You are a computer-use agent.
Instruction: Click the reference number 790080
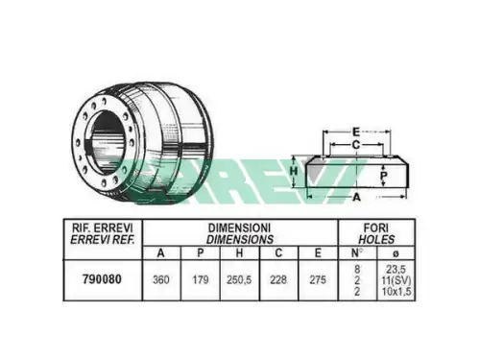coord(102,279)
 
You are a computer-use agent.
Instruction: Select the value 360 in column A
coord(161,280)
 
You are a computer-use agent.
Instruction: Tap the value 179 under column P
coord(201,280)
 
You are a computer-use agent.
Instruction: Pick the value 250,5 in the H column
coord(239,280)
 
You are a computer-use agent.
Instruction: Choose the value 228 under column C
coord(278,280)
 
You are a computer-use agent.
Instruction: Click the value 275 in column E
coord(318,280)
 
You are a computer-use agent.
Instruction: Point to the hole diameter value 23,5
coord(396,269)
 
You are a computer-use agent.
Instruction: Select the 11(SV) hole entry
coord(396,280)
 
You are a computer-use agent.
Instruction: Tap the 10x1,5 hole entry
coord(396,292)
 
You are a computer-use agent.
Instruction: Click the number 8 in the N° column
coord(357,269)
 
